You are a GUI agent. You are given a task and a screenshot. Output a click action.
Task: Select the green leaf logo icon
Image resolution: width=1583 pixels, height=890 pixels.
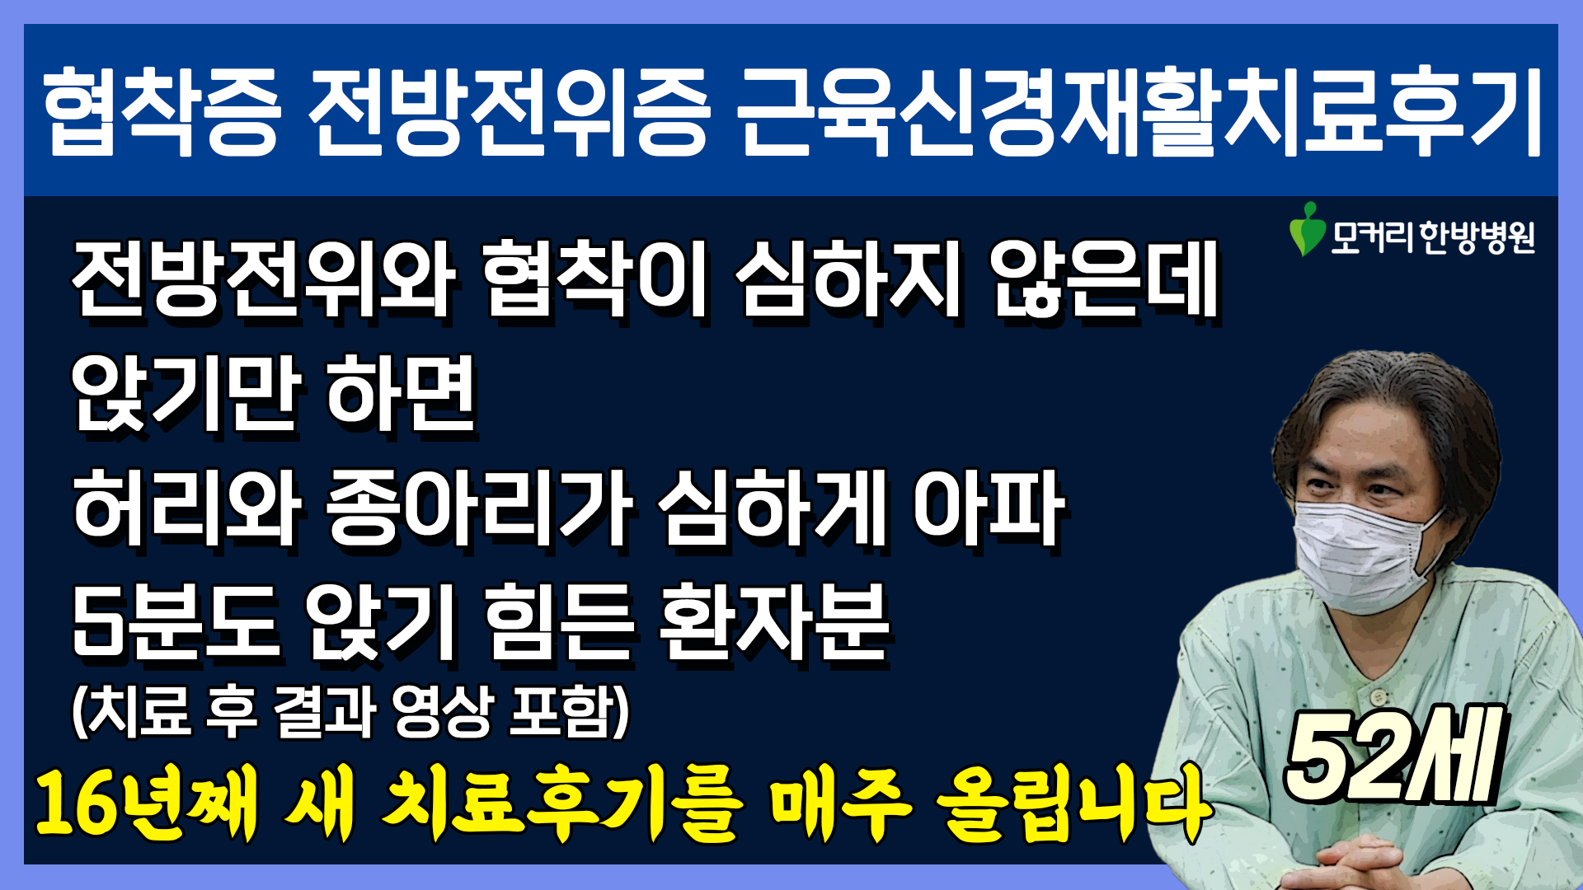pos(1307,229)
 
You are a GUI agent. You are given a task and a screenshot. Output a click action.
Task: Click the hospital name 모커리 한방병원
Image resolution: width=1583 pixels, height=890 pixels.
pos(1433,237)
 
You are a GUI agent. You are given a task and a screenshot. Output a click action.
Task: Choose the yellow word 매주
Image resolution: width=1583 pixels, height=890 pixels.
pos(840,803)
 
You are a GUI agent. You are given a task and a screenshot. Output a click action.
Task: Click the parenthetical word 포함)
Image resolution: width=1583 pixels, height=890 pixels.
pos(570,710)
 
